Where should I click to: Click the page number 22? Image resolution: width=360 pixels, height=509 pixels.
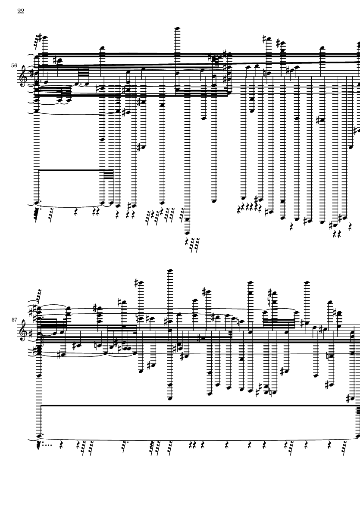pos(21,11)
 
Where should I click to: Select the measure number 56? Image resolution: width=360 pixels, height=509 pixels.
pos(14,66)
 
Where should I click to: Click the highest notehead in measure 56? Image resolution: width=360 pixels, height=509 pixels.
pos(176,28)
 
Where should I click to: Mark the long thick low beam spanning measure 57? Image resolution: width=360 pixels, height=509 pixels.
pos(198,405)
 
